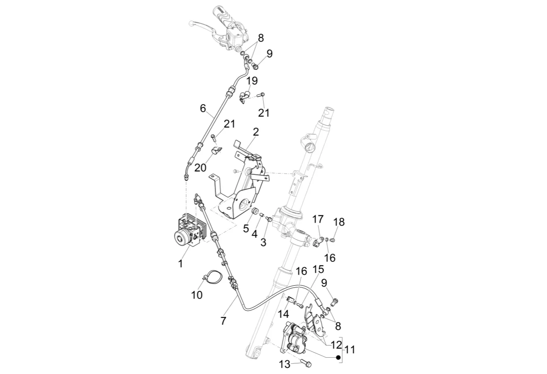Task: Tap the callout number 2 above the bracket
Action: [256, 132]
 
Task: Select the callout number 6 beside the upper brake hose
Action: [203, 108]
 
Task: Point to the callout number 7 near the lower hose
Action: [223, 321]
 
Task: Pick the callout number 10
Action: [197, 295]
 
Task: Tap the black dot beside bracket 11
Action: [338, 357]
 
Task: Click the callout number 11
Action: [349, 350]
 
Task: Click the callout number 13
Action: [285, 364]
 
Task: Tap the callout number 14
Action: [284, 314]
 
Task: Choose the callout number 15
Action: [318, 269]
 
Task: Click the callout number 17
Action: [318, 219]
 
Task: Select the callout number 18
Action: [339, 222]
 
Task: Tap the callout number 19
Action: [252, 80]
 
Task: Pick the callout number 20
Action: [200, 168]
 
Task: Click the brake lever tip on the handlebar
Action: [191, 23]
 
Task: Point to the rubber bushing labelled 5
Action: [255, 212]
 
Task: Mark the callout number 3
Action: [263, 242]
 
